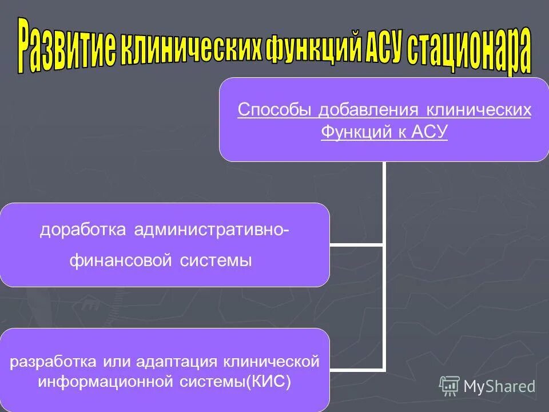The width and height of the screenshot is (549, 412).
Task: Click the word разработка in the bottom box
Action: click(53, 362)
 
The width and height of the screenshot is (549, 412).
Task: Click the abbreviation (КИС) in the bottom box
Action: click(269, 381)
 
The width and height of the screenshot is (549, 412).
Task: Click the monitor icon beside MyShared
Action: click(449, 386)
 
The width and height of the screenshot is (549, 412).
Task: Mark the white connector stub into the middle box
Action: click(356, 244)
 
